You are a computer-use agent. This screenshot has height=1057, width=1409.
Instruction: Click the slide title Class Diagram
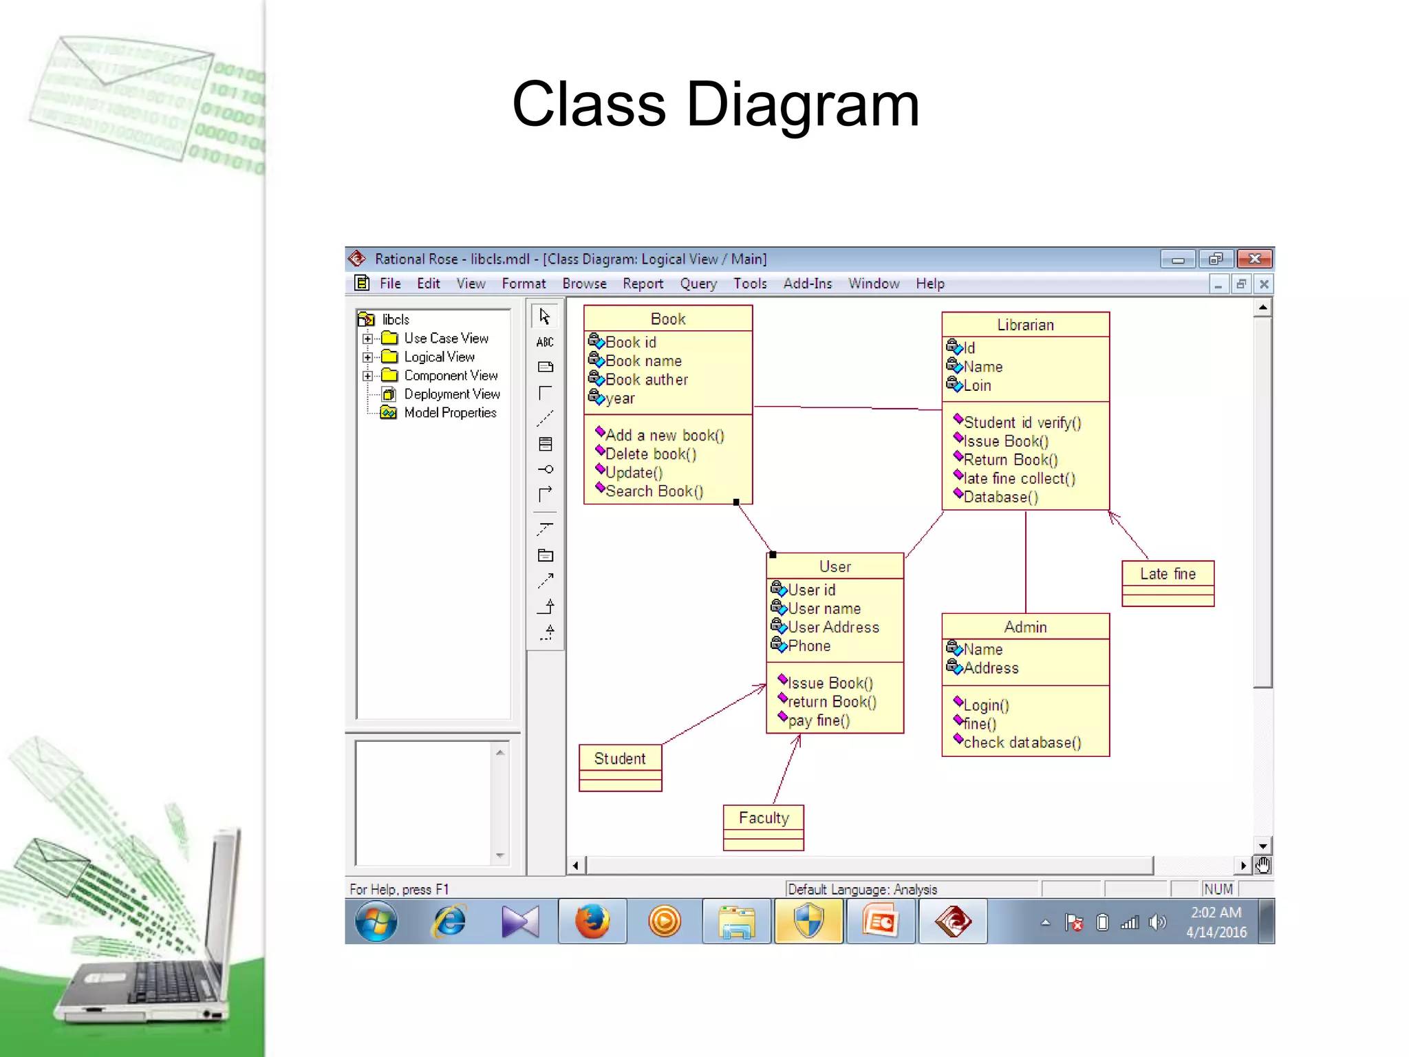click(716, 105)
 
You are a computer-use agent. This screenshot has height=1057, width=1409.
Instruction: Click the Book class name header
click(667, 319)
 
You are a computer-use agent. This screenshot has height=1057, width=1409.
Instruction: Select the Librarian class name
click(1025, 325)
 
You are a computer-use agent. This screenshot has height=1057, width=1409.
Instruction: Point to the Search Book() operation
click(654, 491)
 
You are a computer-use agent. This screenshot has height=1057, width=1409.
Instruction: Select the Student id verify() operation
click(1022, 423)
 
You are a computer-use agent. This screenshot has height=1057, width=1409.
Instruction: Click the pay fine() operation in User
click(819, 720)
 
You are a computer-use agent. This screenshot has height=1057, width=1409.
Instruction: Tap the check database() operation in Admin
click(1022, 743)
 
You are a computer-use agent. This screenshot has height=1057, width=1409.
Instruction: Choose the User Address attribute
click(833, 628)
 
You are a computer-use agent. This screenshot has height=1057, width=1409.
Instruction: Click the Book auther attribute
click(647, 380)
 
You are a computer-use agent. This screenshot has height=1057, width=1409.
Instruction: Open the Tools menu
click(750, 284)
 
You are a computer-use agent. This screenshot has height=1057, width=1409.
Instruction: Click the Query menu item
click(698, 284)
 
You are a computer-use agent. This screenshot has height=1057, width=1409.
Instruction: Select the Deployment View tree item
click(452, 394)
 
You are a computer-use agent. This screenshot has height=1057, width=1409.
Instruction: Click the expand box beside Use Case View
click(368, 339)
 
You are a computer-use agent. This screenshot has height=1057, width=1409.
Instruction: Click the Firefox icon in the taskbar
click(592, 921)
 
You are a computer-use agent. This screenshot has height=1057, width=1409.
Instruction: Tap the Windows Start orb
click(376, 921)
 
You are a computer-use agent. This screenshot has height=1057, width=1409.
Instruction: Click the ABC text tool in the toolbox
click(545, 342)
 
